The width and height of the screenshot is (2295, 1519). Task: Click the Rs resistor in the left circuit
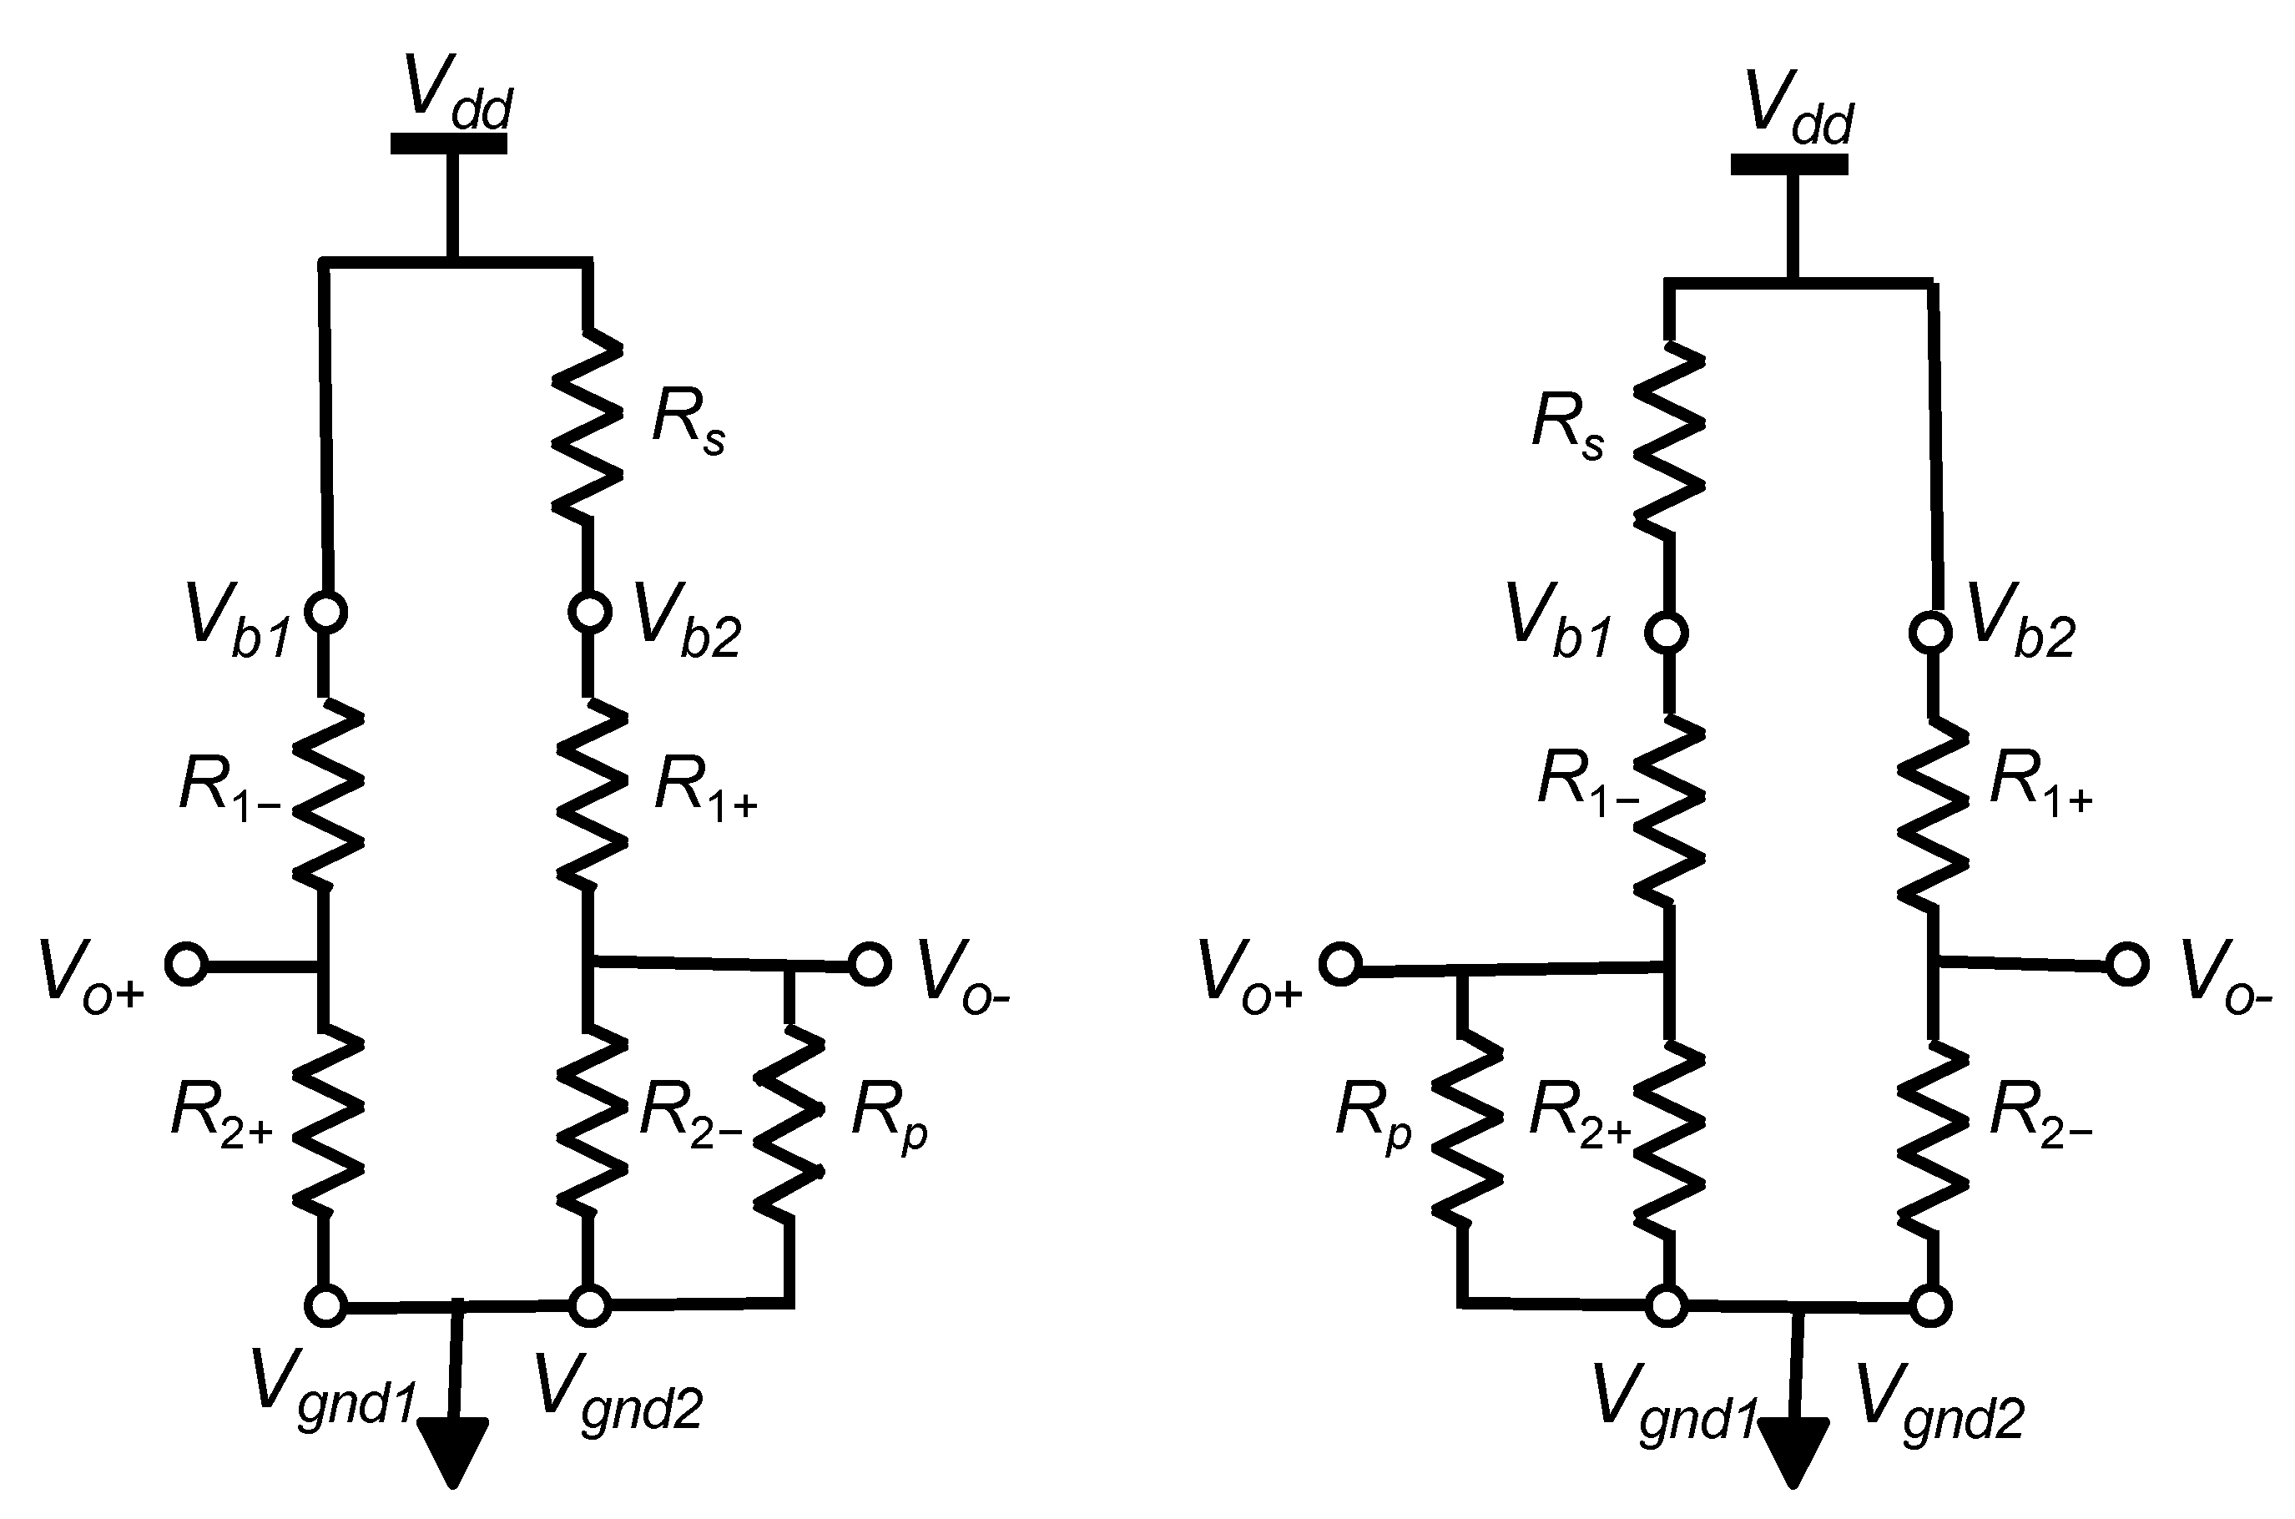(587, 423)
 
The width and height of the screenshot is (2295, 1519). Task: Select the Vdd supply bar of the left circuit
(448, 144)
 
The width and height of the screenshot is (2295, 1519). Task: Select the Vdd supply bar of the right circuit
(1789, 164)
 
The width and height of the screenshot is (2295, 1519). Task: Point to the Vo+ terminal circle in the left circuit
(185, 964)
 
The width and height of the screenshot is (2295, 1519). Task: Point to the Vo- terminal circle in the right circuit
(2127, 965)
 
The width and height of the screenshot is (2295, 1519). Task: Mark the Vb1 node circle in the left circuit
(326, 613)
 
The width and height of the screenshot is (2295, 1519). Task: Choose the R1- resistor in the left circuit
(326, 791)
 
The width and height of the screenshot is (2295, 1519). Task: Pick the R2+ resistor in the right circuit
(1668, 1138)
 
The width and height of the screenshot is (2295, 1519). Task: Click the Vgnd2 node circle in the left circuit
(589, 1306)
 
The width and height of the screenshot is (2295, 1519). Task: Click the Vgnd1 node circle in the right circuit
(1667, 1306)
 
